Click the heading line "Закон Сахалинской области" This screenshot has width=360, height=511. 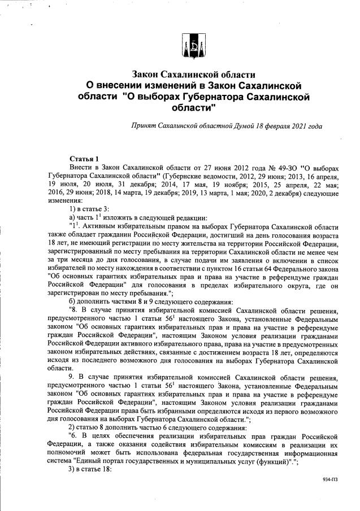[194, 75]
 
